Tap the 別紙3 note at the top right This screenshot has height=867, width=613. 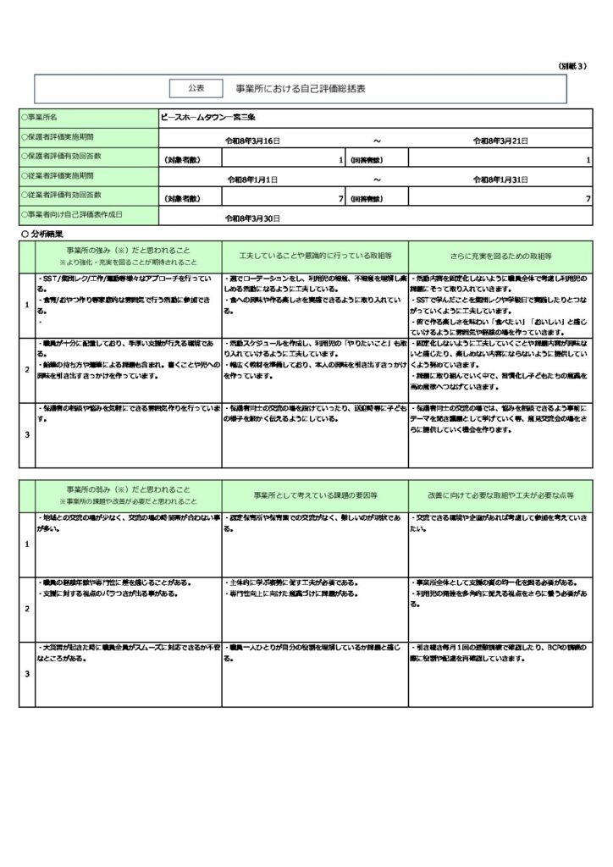(x=572, y=66)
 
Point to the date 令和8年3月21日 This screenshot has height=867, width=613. (x=502, y=140)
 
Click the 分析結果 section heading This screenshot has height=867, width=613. (x=44, y=232)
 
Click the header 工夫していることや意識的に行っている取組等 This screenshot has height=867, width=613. (x=315, y=255)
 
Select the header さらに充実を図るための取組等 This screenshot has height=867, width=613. (x=501, y=255)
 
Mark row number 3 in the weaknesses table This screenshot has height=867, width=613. (x=26, y=674)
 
